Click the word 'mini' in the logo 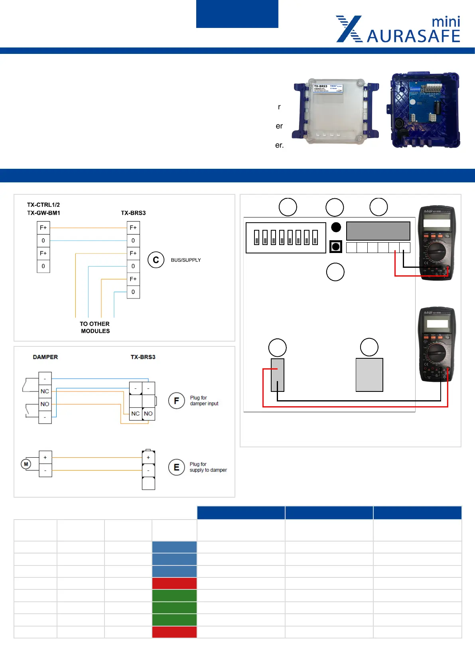point(446,22)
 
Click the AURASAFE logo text point(413,36)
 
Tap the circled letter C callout point(156,260)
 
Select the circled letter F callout point(176,401)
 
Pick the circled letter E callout point(176,467)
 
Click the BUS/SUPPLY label point(186,260)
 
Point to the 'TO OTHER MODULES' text point(95,327)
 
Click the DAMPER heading point(45,357)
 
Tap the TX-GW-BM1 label point(43,213)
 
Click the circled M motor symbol point(26,464)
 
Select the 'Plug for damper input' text point(204,401)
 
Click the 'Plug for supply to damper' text point(208,467)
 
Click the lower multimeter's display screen point(437,323)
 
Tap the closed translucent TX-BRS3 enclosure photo point(335,111)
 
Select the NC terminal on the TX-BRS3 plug point(136,414)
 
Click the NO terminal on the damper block point(45,404)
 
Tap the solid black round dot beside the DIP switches point(336,227)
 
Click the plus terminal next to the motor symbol point(45,457)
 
